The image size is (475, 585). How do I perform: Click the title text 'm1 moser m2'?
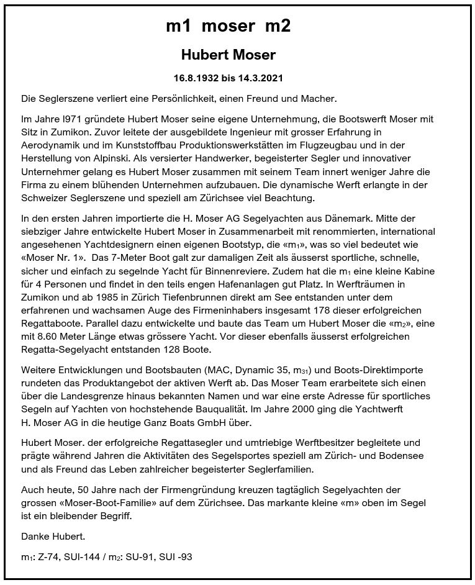point(228,26)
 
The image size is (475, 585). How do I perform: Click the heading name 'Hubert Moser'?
point(228,55)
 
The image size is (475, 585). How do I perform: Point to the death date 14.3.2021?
point(260,79)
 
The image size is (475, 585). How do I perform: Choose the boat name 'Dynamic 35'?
point(279,370)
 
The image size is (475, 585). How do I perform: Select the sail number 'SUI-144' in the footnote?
point(80,557)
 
